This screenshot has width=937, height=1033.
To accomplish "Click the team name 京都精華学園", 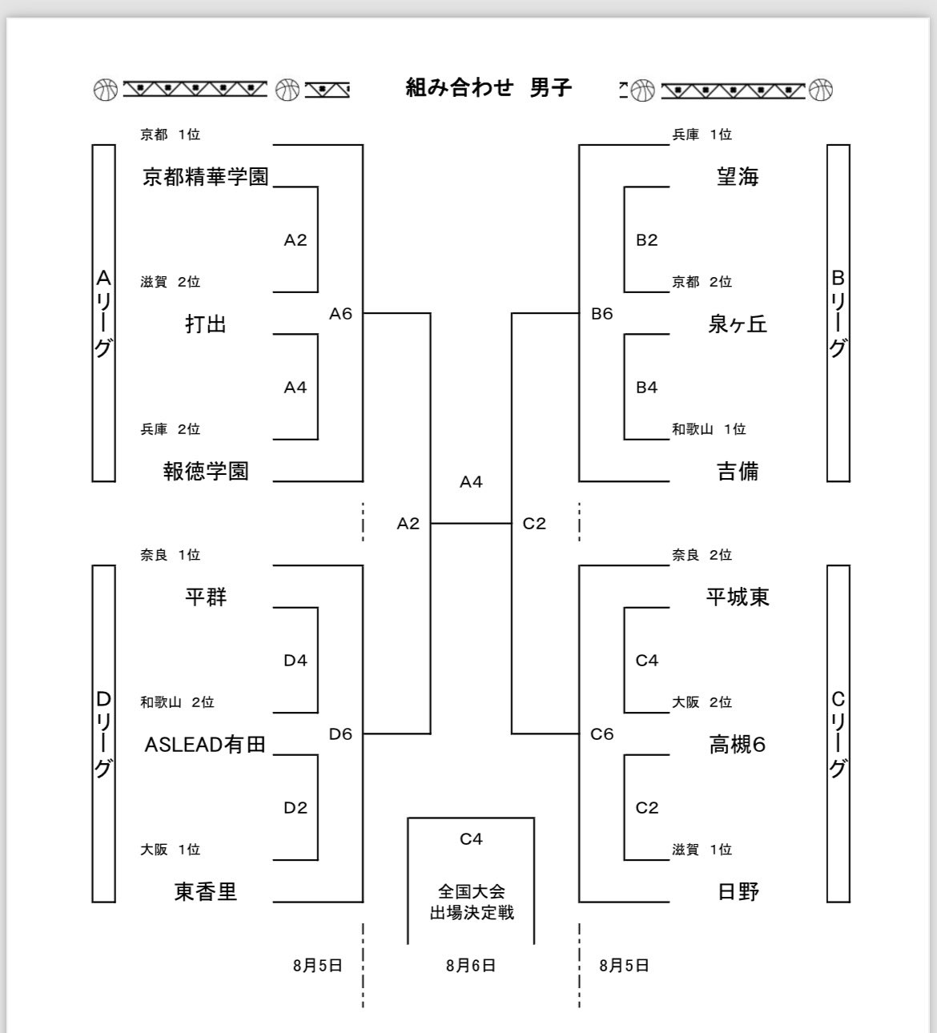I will [206, 177].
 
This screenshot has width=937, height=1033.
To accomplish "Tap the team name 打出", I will [206, 324].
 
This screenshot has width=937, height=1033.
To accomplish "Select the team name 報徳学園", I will [206, 472].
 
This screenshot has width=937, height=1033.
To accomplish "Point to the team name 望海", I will [737, 177].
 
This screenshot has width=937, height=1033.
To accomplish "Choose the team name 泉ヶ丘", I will [737, 324].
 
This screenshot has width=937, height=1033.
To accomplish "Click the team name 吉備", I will [737, 472].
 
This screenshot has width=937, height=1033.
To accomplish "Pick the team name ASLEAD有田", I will [205, 745].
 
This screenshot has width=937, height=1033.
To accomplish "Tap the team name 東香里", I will [206, 892].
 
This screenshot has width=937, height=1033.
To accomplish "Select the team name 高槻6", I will [737, 745].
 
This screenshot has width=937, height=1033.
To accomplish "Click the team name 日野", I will [737, 892].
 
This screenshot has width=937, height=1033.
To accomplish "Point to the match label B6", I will [601, 314].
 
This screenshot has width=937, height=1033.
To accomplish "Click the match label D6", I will [340, 734].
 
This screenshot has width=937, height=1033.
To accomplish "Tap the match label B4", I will [646, 388].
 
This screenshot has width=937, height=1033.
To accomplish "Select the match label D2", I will [296, 808].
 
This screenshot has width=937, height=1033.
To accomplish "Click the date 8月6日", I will [471, 966].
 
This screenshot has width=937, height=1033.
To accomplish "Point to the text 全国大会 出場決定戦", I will [472, 902].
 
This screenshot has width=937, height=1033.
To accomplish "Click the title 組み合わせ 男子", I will [489, 87].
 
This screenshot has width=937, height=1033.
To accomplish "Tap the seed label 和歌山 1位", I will [709, 429].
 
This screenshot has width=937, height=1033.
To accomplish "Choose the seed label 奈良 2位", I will [702, 555].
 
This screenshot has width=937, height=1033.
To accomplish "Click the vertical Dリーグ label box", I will [104, 734].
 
